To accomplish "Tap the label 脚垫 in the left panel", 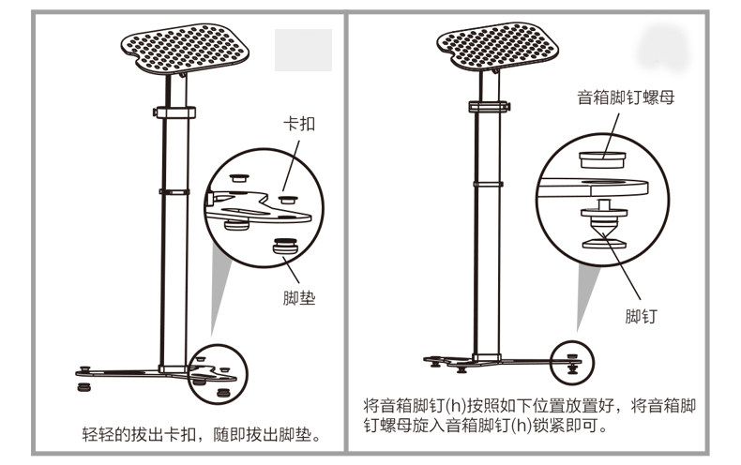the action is (x=298, y=299).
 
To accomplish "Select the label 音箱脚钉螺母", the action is (x=626, y=97).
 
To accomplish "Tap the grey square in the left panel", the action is (x=302, y=51).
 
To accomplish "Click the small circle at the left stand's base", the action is (x=216, y=371).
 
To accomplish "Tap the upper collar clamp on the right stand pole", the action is (x=489, y=106).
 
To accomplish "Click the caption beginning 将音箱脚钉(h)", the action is (x=531, y=416).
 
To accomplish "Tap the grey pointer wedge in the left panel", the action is (x=221, y=300).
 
